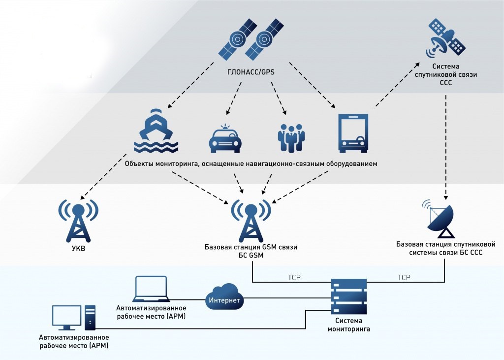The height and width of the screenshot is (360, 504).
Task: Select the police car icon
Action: coord(225,138)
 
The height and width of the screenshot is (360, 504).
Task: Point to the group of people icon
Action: coord(291,136)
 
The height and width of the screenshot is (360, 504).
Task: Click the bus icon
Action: coord(353,132)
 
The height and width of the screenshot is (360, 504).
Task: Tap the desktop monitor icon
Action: coord(67,318)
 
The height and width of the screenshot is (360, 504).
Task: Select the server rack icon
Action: coord(349,298)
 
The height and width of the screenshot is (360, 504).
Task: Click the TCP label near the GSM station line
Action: coord(294,278)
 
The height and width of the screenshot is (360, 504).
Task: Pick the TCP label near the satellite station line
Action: coord(404,278)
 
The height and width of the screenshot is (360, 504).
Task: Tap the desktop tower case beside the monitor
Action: coord(90,317)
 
